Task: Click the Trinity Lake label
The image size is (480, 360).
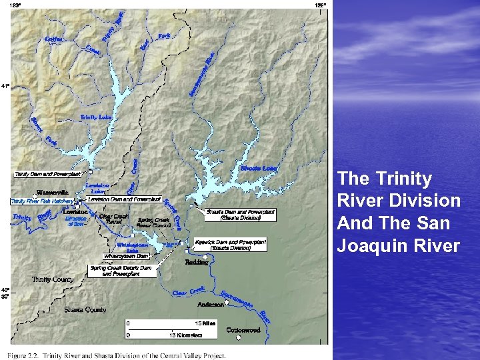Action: click(x=96, y=117)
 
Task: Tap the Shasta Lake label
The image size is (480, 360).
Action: click(x=259, y=168)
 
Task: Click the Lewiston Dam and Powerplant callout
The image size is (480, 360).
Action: click(x=124, y=199)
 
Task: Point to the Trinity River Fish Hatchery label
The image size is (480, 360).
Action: click(x=41, y=201)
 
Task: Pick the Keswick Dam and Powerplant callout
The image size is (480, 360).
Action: click(x=230, y=245)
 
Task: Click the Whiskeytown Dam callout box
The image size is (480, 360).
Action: click(x=126, y=256)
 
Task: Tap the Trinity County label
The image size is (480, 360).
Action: click(x=53, y=279)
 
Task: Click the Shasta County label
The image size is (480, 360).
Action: click(x=85, y=310)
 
